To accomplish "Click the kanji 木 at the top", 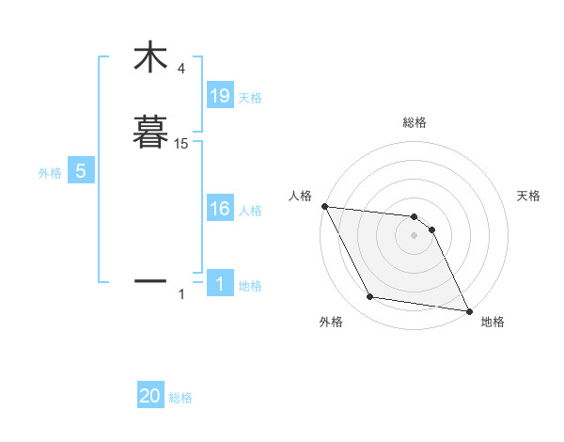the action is tap(149, 58).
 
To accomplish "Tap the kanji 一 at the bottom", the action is tap(149, 280).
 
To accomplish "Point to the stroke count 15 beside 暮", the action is tap(180, 144).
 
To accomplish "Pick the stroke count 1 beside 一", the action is tap(181, 295).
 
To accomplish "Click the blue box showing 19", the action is tap(219, 95).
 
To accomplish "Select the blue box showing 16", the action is tap(219, 209).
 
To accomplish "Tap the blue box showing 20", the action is tap(150, 396).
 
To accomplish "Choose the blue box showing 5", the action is tap(81, 171).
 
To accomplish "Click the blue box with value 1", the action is tap(219, 284).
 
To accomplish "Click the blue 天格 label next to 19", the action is tap(250, 98).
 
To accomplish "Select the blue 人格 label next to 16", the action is tap(250, 212).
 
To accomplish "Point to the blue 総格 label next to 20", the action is tap(180, 399).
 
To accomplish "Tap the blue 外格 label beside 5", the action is tap(50, 174).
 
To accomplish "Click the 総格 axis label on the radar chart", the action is tap(415, 122).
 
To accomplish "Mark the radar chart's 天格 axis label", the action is tap(529, 196).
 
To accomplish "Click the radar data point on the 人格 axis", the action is tap(324, 206).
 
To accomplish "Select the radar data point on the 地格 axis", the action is tap(468, 310).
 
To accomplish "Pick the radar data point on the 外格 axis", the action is tap(370, 297).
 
